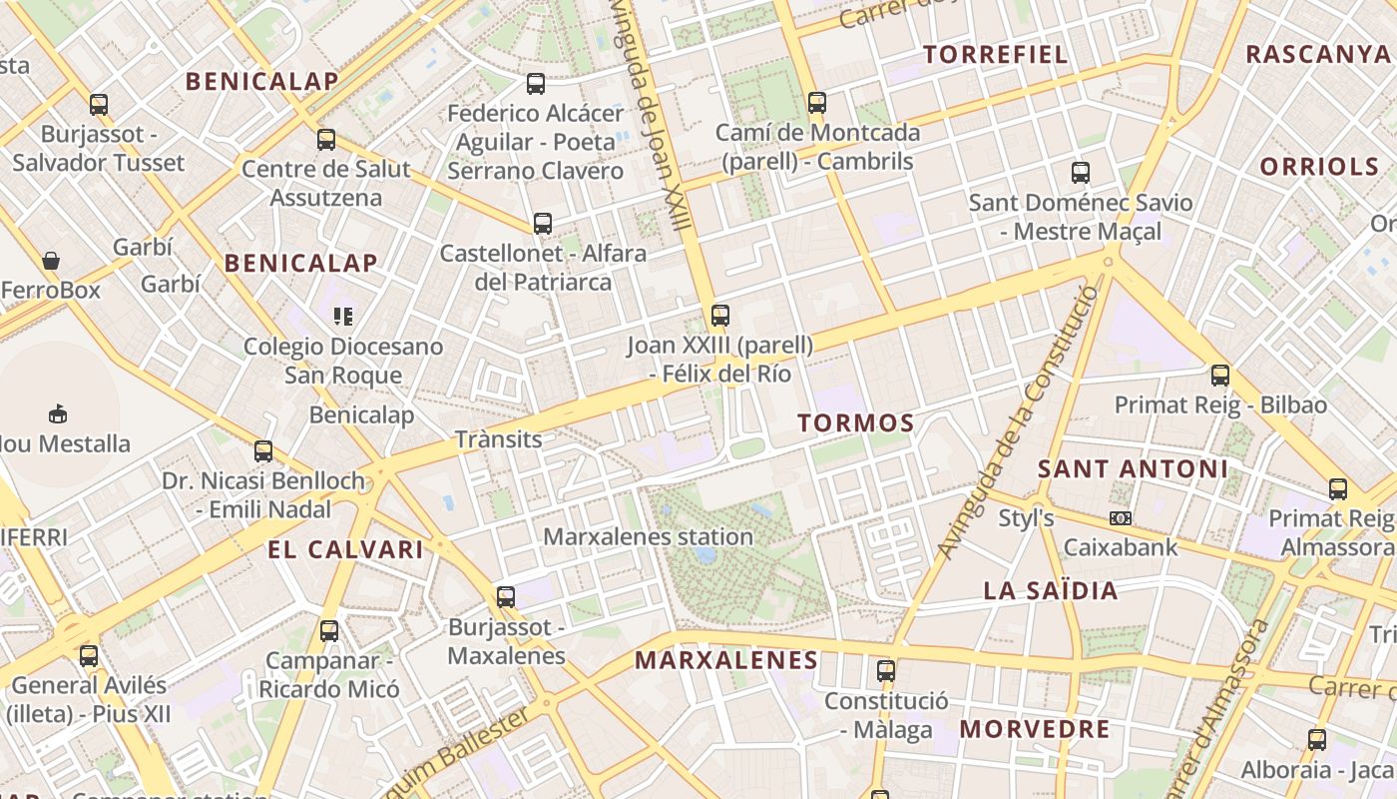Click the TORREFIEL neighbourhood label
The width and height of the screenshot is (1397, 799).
pyautogui.click(x=996, y=54)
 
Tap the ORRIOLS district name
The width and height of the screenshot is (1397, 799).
pyautogui.click(x=1318, y=167)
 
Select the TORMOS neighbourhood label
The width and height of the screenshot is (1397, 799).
pyautogui.click(x=856, y=423)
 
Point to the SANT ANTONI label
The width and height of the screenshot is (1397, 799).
pyautogui.click(x=1133, y=468)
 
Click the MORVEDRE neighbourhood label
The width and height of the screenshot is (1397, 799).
pyautogui.click(x=1035, y=729)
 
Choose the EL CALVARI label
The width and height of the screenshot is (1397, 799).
pyautogui.click(x=345, y=549)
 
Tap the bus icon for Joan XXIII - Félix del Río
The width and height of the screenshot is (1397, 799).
pyautogui.click(x=720, y=316)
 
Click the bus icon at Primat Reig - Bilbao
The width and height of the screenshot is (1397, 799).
pyautogui.click(x=1220, y=376)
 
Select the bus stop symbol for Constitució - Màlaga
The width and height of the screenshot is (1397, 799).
pyautogui.click(x=886, y=671)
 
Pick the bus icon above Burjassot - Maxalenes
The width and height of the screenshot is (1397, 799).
pyautogui.click(x=506, y=597)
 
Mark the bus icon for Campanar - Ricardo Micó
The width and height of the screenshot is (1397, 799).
pyautogui.click(x=329, y=631)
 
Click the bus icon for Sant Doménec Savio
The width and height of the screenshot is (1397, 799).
pyautogui.click(x=1081, y=173)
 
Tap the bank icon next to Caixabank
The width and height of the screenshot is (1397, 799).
pyautogui.click(x=1121, y=518)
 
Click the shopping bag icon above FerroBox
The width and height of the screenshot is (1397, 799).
pyautogui.click(x=51, y=262)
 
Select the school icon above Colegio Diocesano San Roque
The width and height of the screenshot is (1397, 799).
pyautogui.click(x=343, y=318)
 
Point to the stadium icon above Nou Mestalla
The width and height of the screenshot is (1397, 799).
pyautogui.click(x=58, y=413)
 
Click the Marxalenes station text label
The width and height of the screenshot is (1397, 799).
pyautogui.click(x=648, y=536)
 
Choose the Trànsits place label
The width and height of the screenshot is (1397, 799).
pyautogui.click(x=498, y=439)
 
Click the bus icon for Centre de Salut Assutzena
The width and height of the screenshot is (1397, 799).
pyautogui.click(x=326, y=140)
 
